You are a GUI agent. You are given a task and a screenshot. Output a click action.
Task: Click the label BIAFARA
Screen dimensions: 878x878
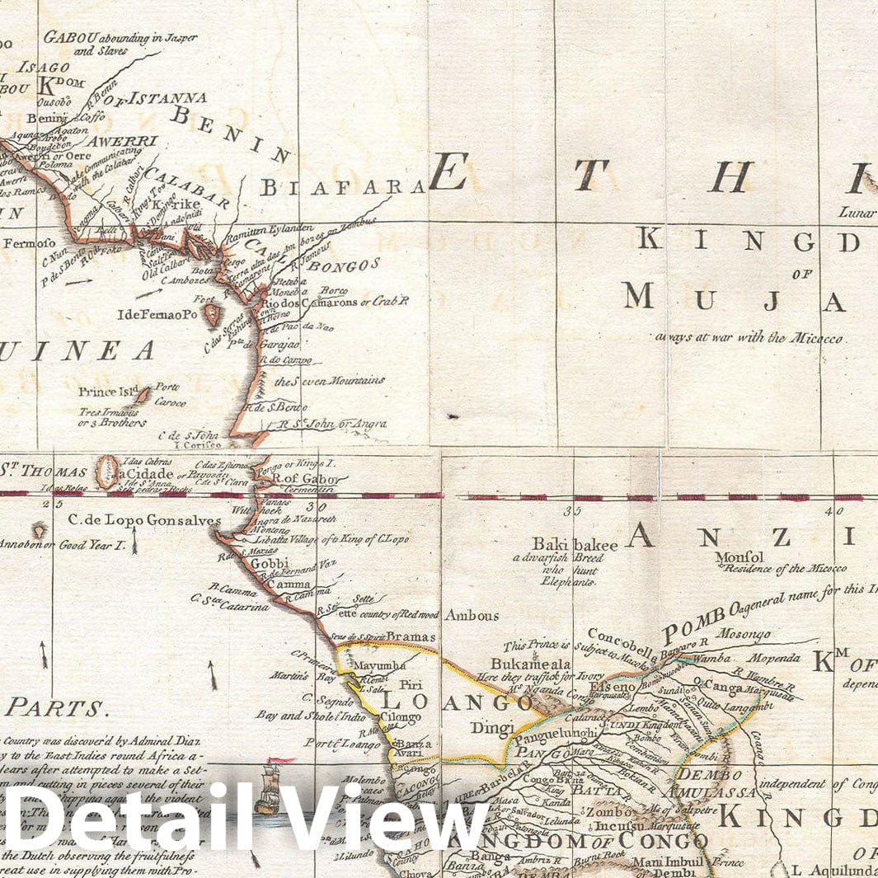click(x=343, y=188)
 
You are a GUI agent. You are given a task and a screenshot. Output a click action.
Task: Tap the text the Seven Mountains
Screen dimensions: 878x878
click(x=329, y=381)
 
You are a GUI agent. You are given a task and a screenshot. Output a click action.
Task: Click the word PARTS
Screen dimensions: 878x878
click(x=56, y=707)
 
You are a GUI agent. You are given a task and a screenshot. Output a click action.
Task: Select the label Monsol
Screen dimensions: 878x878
click(x=739, y=556)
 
